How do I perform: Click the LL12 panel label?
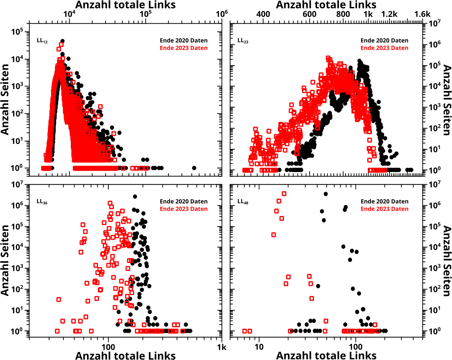(x=42, y=41)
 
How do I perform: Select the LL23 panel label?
(x=242, y=41)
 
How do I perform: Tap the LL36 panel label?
(x=42, y=201)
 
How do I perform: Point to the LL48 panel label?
(x=242, y=201)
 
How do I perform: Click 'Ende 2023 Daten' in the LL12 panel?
(x=183, y=48)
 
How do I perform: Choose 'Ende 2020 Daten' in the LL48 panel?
(x=384, y=201)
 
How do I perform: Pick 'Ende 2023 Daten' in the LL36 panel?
(x=183, y=209)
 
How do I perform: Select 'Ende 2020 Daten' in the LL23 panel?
(x=384, y=40)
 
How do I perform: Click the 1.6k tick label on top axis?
(x=422, y=14)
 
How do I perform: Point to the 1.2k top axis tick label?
(x=389, y=14)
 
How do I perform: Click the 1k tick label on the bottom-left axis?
(x=222, y=348)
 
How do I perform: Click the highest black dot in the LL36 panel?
(x=135, y=197)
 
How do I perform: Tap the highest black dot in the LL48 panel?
(x=325, y=194)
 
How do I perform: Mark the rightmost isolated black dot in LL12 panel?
(x=194, y=168)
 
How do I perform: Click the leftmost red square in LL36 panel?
(x=57, y=331)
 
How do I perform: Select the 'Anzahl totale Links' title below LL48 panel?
(x=326, y=355)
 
